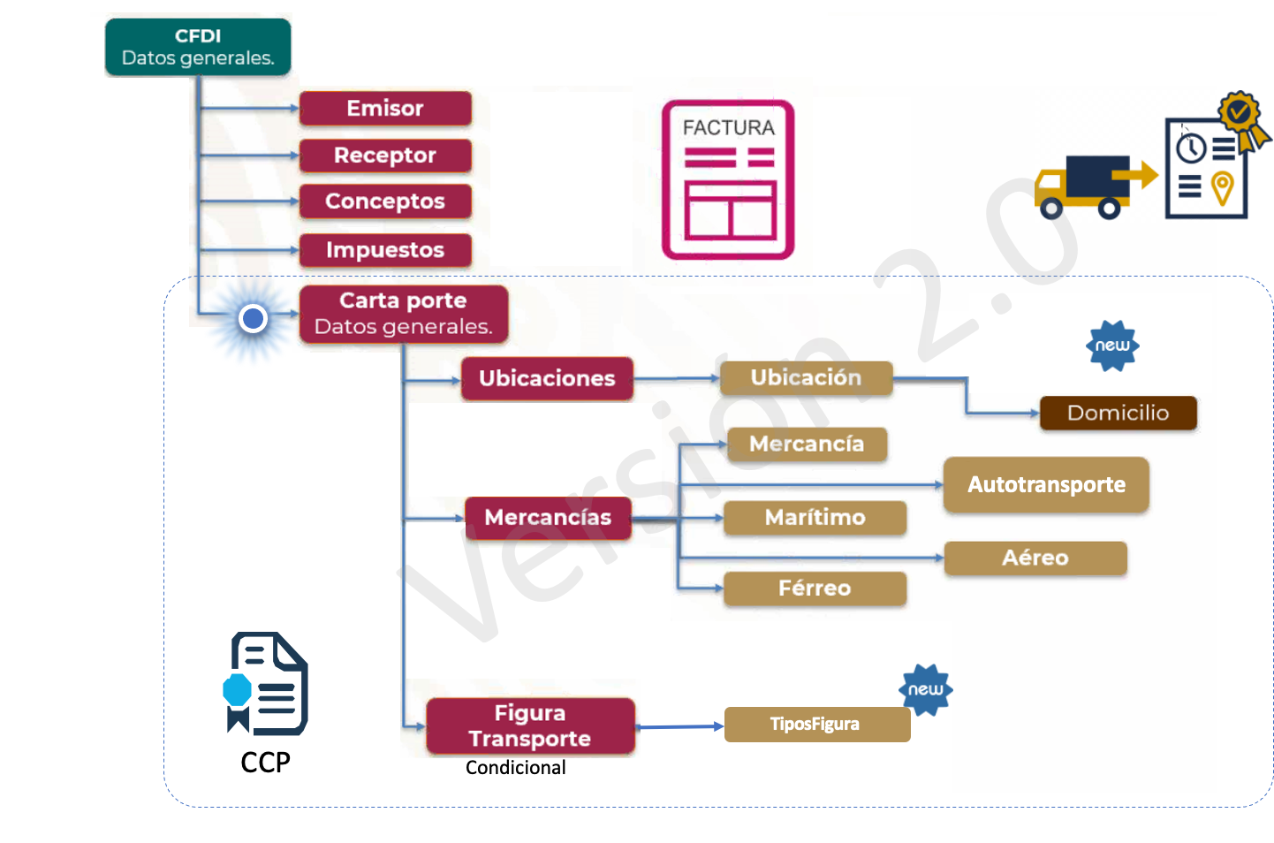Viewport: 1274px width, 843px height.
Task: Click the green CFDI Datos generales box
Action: click(x=198, y=48)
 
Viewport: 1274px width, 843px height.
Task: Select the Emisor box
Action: click(x=385, y=109)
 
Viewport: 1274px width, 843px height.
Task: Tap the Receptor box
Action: click(x=385, y=156)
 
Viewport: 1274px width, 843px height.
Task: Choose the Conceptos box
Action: click(x=385, y=201)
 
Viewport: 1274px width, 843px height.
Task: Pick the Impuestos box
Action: click(x=385, y=250)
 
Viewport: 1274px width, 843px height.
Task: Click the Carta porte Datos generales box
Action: click(x=404, y=314)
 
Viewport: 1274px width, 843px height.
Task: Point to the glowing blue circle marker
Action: click(x=254, y=318)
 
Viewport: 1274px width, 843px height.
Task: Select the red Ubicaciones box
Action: click(x=547, y=378)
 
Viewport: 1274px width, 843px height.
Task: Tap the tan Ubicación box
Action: click(x=806, y=378)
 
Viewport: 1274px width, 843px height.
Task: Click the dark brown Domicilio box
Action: click(x=1118, y=413)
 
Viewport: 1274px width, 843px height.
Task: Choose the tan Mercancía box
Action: click(x=807, y=444)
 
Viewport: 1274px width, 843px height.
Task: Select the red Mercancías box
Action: click(x=548, y=518)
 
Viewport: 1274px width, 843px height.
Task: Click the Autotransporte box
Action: click(x=1046, y=484)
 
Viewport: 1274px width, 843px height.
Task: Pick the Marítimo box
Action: click(x=815, y=518)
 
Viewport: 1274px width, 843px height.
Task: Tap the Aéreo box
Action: click(x=1035, y=558)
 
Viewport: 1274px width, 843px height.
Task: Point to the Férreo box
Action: click(x=815, y=589)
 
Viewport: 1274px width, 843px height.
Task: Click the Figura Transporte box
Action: click(x=530, y=725)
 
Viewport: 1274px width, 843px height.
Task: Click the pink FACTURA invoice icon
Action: click(x=728, y=180)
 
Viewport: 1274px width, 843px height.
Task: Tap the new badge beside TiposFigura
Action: click(x=925, y=689)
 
